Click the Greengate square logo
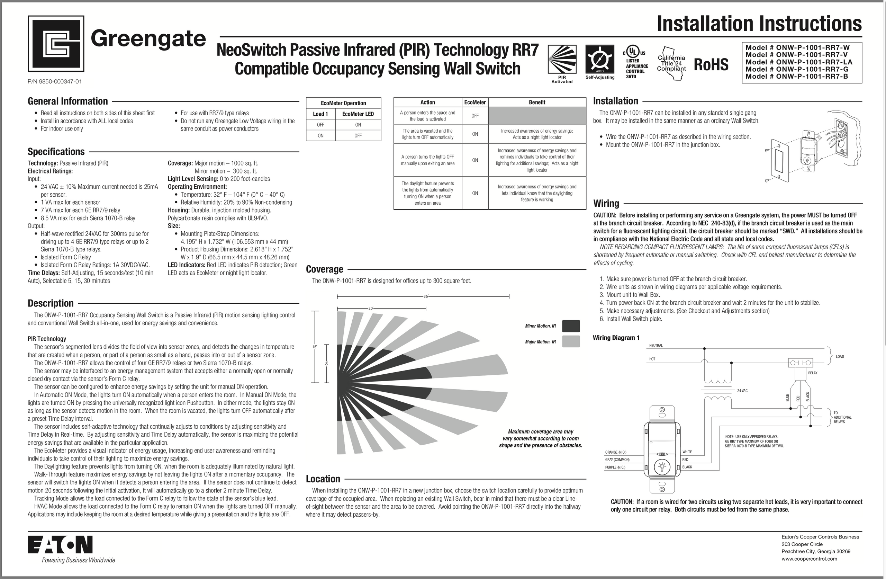(56, 43)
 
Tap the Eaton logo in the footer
(60, 545)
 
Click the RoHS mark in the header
(711, 64)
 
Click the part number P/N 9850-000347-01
(55, 82)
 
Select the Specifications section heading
(56, 152)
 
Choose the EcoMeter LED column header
(358, 114)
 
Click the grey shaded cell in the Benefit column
(537, 116)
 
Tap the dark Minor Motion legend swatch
(571, 326)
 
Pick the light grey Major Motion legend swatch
(571, 341)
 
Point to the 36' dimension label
(425, 296)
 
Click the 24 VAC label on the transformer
(742, 391)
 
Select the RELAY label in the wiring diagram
(813, 373)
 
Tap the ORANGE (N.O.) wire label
(616, 452)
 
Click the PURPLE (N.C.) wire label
(615, 467)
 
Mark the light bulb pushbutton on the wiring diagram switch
(662, 466)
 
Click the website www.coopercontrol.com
(809, 569)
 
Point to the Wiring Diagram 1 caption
(616, 338)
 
